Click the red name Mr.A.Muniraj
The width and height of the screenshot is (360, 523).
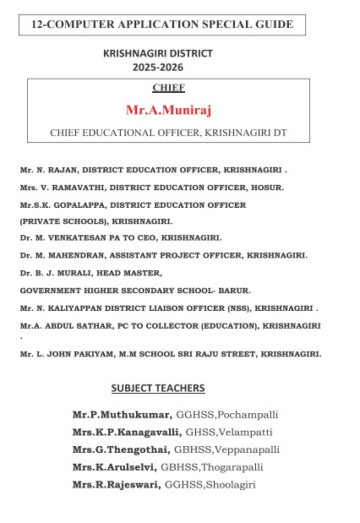169,110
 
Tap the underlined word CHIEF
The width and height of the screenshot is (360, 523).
169,88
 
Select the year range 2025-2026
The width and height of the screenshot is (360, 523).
158,67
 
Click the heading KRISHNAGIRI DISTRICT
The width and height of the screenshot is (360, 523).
158,53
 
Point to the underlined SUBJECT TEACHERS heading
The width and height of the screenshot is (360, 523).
158,388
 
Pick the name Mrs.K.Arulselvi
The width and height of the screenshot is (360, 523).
115,466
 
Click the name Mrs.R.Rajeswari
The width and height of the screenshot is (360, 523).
117,484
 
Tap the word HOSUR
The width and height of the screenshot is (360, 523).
270,187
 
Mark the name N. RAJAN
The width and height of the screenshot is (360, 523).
53,170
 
